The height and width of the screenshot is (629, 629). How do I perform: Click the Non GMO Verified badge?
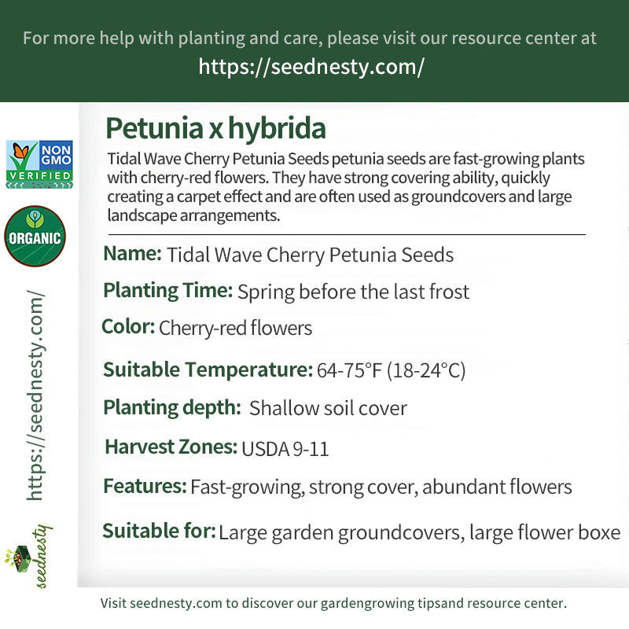[39, 164]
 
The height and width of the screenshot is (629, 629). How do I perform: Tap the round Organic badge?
[35, 237]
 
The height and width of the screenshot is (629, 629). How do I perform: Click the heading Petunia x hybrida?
[215, 128]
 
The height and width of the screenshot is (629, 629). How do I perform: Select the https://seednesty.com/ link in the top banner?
[311, 67]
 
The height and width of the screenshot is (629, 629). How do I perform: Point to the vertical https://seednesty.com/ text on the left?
[35, 395]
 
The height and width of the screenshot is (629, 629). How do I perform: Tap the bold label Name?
[132, 254]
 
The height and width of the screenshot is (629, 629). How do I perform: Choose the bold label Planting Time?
[167, 291]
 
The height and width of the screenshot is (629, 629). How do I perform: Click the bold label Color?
[128, 326]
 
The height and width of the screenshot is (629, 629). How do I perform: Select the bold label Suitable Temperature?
[208, 370]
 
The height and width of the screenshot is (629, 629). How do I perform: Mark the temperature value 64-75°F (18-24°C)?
[391, 370]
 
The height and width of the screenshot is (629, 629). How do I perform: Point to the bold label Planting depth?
[172, 407]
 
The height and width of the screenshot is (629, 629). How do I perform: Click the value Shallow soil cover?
[328, 408]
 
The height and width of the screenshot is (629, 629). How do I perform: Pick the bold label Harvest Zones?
[171, 447]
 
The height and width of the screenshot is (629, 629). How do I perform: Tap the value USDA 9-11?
[285, 449]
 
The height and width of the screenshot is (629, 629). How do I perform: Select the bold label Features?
[145, 486]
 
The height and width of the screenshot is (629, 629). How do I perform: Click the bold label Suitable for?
[159, 532]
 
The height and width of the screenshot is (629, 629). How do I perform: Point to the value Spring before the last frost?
[353, 292]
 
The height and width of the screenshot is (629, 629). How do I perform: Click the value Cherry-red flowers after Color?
[235, 327]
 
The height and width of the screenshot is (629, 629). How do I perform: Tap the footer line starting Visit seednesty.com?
[333, 604]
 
